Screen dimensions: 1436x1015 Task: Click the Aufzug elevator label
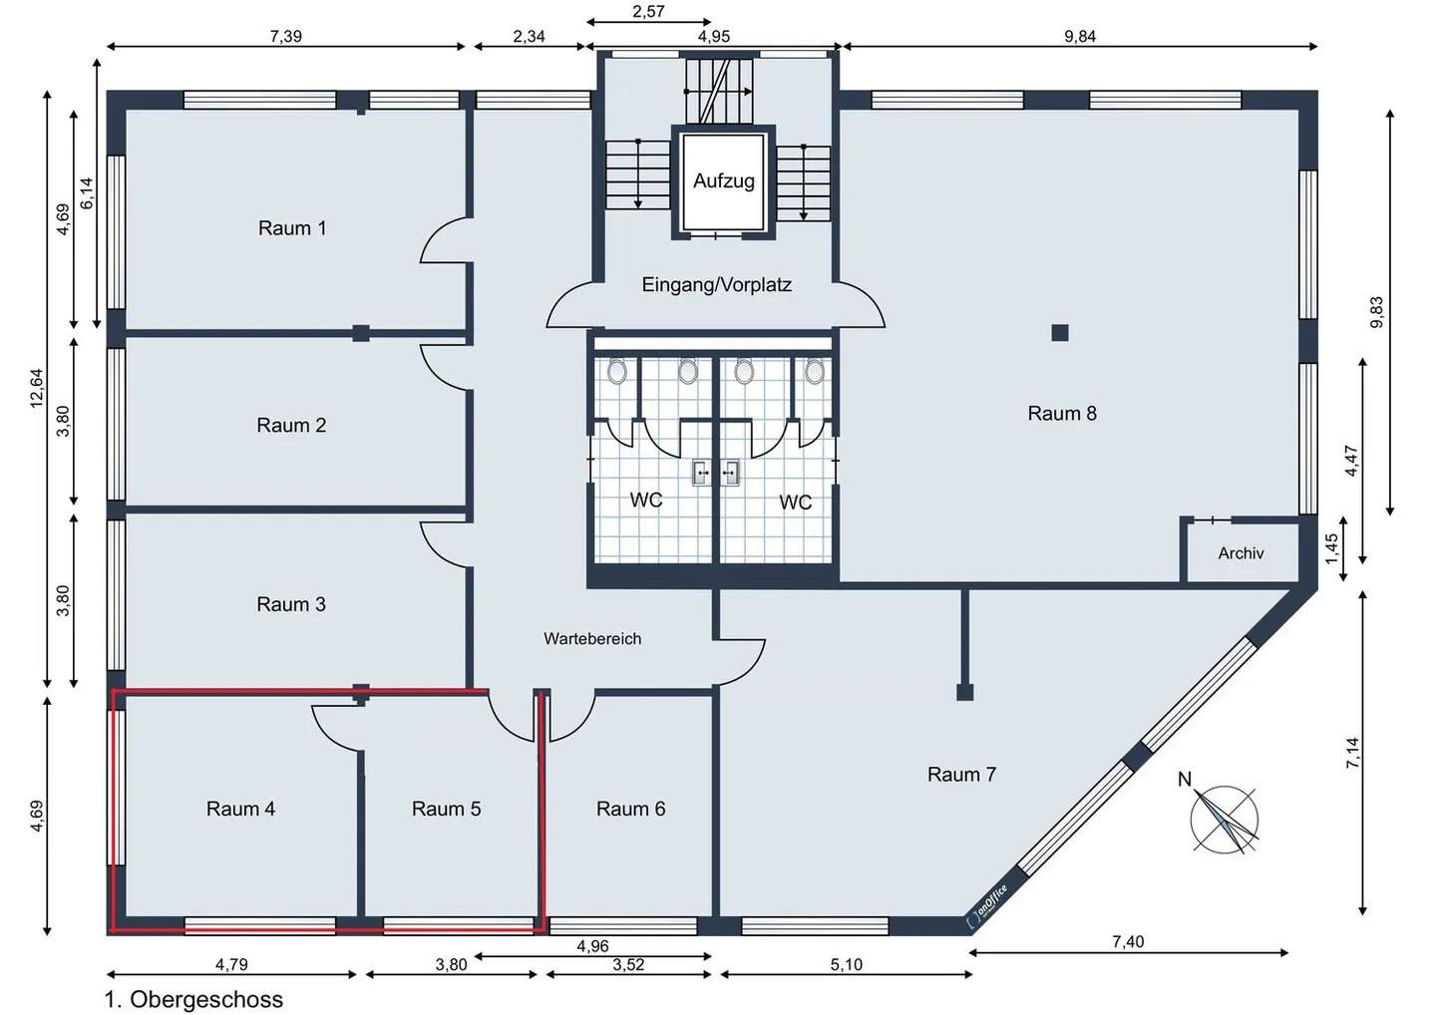coord(723,181)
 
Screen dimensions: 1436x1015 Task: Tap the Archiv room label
coord(1241,553)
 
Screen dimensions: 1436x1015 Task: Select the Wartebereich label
coord(591,638)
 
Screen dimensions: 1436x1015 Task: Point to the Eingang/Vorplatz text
coord(716,284)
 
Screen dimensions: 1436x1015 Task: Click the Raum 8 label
coord(1062,414)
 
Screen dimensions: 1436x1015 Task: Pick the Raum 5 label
coord(446,809)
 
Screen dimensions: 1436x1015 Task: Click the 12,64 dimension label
coord(37,388)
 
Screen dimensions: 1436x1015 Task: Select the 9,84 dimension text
coord(1080,37)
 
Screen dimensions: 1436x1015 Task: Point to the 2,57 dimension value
coord(648,12)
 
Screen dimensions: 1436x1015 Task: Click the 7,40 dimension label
coord(1128,941)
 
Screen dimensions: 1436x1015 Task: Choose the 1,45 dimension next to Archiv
coord(1331,548)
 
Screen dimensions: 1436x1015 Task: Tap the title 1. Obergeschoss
coord(193,999)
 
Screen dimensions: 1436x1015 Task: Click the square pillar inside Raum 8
coord(1060,333)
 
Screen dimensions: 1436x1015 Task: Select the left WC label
coord(645,500)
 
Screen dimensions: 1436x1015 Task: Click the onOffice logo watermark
coord(987,906)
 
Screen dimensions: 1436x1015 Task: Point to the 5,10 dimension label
coord(846,964)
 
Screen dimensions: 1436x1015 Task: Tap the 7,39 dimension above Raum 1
coord(285,37)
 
